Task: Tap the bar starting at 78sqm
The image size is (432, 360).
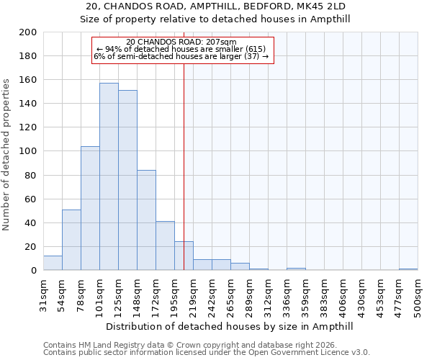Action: pos(90,208)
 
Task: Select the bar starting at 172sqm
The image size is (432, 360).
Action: pos(165,246)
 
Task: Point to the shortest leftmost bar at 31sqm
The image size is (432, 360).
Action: pos(53,263)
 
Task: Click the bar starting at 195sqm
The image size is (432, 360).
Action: pos(184,256)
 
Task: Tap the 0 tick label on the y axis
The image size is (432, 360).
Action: pos(33,271)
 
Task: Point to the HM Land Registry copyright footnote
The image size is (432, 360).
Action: pos(205,345)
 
